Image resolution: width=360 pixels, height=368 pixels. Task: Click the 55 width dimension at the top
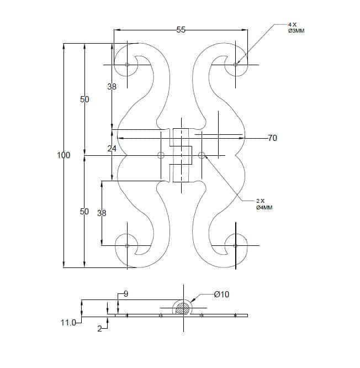coord(181,30)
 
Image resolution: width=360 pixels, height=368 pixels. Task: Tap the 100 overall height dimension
coord(63,155)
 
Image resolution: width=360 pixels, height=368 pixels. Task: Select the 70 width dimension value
coord(273,138)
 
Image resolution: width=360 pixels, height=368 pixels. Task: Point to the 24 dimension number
coord(112,148)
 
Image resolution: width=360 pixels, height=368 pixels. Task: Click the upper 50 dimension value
coord(84,99)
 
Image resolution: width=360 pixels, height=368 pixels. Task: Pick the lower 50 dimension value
coord(84,212)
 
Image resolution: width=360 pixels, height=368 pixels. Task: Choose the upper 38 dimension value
coord(112,87)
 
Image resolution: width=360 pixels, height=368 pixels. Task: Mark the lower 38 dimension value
coord(102,213)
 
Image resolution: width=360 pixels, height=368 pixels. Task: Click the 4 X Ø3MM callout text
coord(296,28)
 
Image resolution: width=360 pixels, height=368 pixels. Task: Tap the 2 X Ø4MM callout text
coord(264,204)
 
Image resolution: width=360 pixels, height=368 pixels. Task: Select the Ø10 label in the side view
coord(221,295)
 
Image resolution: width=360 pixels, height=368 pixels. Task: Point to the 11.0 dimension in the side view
coord(68,323)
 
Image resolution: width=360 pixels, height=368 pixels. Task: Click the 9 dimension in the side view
coord(126,294)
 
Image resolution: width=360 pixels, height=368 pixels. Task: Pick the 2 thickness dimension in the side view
coord(100,329)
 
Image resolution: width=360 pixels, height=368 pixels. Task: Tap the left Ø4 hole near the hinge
coord(161,155)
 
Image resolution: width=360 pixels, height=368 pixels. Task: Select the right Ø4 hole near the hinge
coord(202,155)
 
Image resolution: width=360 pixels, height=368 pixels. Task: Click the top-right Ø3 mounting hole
coord(235,64)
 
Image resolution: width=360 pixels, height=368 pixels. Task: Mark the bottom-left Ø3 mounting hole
coord(127,246)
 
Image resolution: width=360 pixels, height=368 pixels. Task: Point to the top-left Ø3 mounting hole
coord(127,65)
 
